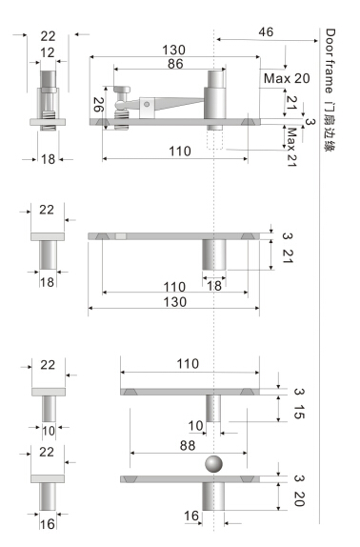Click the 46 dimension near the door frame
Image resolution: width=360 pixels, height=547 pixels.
pyautogui.click(x=266, y=32)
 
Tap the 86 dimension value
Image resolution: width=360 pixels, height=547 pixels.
pyautogui.click(x=175, y=64)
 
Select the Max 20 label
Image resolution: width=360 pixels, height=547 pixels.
pyautogui.click(x=287, y=78)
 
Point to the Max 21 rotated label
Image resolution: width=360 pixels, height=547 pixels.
pyautogui.click(x=291, y=147)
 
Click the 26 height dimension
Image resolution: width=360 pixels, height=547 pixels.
pyautogui.click(x=99, y=104)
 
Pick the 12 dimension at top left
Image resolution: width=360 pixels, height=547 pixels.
pyautogui.click(x=48, y=52)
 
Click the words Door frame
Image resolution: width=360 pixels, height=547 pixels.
pyautogui.click(x=330, y=61)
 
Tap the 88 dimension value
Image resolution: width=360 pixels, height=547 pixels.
pyautogui.click(x=188, y=445)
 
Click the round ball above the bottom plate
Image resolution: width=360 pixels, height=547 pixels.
pyautogui.click(x=213, y=464)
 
